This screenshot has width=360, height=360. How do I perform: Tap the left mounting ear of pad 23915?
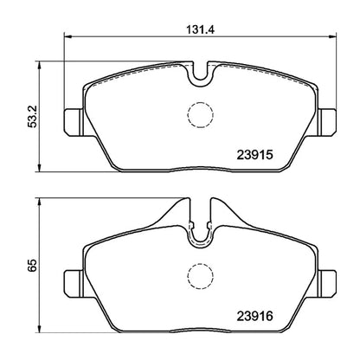coord(74,117)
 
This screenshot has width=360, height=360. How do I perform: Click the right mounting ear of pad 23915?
coord(325,117)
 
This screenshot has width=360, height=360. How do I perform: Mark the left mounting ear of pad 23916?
coord(74,280)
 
